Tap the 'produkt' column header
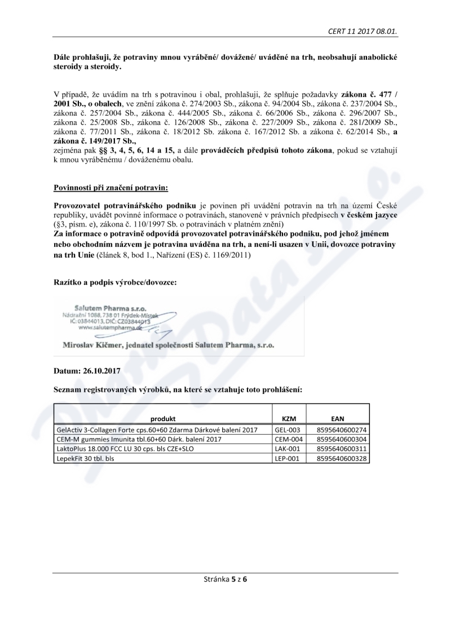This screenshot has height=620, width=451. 163,419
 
